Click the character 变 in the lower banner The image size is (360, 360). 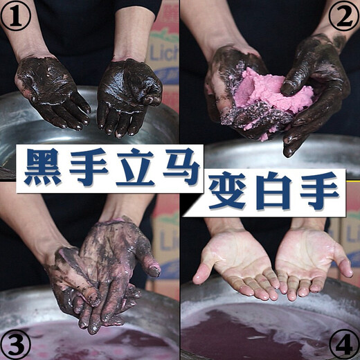229,195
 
